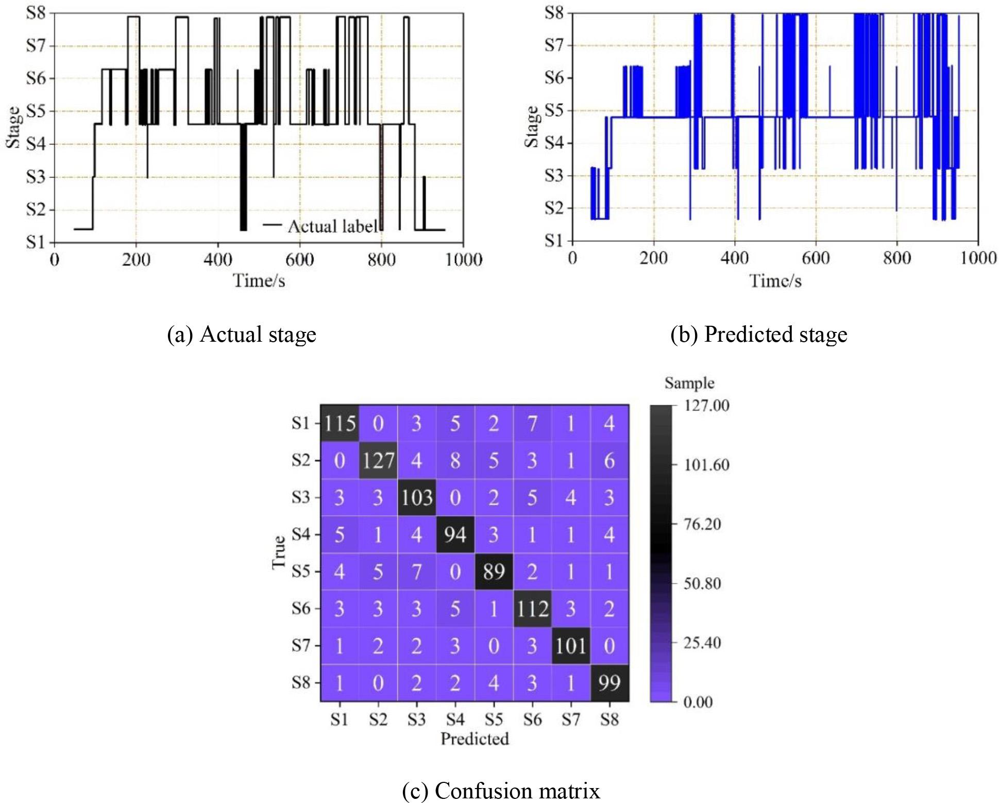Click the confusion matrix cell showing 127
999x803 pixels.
tap(378, 460)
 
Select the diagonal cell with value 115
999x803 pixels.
tap(340, 423)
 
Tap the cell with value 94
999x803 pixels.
tap(454, 534)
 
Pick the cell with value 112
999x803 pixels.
tap(532, 609)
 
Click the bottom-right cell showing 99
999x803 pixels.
tap(609, 683)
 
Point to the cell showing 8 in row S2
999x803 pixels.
tap(454, 460)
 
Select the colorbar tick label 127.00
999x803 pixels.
tap(706, 406)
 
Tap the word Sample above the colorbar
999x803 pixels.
tap(689, 383)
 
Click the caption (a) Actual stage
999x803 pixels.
tap(242, 334)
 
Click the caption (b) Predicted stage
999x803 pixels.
tap(758, 334)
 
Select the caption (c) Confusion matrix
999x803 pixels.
tap(501, 790)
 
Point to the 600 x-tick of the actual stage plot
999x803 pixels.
tap(299, 259)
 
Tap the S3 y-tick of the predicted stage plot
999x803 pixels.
tap(554, 176)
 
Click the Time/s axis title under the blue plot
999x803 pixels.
tap(775, 281)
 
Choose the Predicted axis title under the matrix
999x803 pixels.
tap(475, 739)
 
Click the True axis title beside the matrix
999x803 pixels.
tap(279, 552)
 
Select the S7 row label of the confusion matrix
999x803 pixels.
tap(300, 645)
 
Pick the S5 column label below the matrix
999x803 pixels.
tap(493, 719)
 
